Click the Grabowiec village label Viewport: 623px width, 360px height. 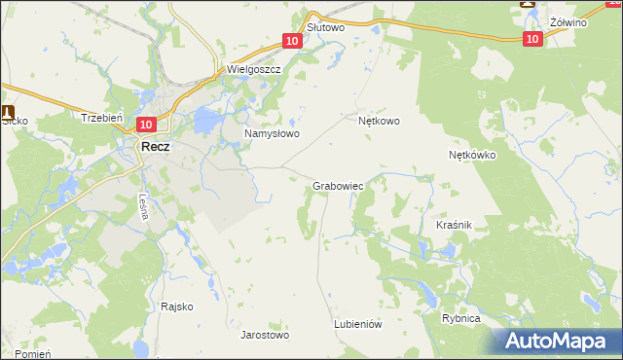[x=339, y=185]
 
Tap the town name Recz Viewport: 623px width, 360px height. [x=156, y=147]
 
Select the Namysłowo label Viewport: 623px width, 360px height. [x=272, y=133]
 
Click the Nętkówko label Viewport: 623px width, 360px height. [x=473, y=155]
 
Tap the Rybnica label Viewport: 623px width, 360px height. [x=461, y=318]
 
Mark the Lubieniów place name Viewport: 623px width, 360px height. [x=356, y=324]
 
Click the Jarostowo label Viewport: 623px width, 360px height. [x=266, y=335]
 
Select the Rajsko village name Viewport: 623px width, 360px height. [x=177, y=306]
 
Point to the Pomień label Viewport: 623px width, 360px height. [x=32, y=353]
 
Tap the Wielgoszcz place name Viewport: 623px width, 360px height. [x=253, y=70]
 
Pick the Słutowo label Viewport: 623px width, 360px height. [x=326, y=28]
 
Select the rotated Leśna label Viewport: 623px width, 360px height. [x=142, y=206]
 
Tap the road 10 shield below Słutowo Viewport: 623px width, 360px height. [x=293, y=40]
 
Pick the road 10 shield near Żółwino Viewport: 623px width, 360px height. [x=531, y=38]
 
